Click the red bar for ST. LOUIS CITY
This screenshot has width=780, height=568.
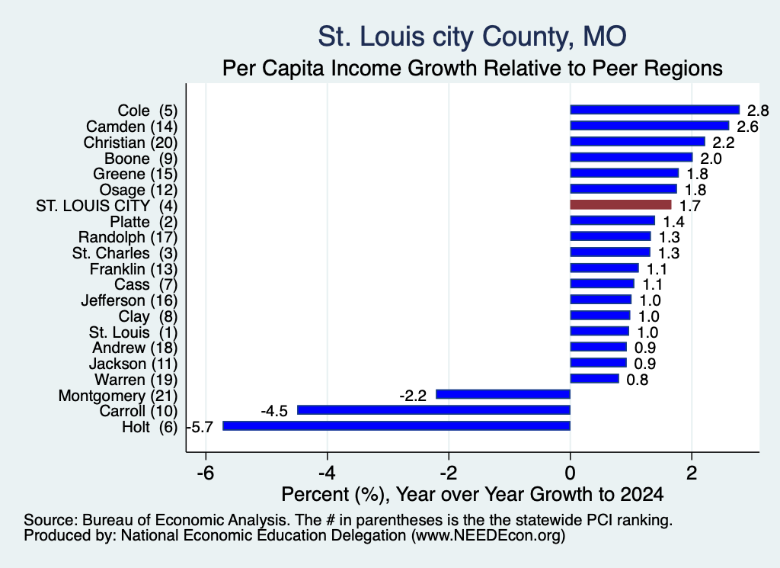pyautogui.click(x=620, y=204)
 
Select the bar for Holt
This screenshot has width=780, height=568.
pyautogui.click(x=396, y=425)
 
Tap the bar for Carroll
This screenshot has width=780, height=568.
pyautogui.click(x=433, y=409)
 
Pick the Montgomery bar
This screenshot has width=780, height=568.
pyautogui.click(x=503, y=394)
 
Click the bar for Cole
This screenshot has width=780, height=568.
pyautogui.click(x=654, y=110)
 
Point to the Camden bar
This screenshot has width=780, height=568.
pyautogui.click(x=649, y=126)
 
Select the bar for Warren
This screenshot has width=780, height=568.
pyautogui.click(x=594, y=378)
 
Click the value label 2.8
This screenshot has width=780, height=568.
pyautogui.click(x=758, y=111)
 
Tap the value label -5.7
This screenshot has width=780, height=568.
pyautogui.click(x=200, y=427)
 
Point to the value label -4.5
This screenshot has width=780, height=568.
pyautogui.click(x=274, y=411)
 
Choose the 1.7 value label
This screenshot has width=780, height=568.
pyautogui.click(x=689, y=206)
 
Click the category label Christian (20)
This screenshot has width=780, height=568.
pyautogui.click(x=130, y=143)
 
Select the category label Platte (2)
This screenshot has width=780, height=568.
pyautogui.click(x=143, y=222)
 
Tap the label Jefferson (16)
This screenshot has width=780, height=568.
pyautogui.click(x=129, y=300)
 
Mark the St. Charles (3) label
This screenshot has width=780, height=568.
pyautogui.click(x=125, y=253)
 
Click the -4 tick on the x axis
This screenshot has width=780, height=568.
pyautogui.click(x=327, y=473)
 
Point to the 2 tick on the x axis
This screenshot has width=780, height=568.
pyautogui.click(x=692, y=473)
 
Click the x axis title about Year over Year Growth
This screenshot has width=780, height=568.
pyautogui.click(x=472, y=494)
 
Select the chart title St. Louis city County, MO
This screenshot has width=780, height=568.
pyautogui.click(x=472, y=37)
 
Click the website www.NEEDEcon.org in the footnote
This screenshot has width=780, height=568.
pyautogui.click(x=488, y=536)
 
